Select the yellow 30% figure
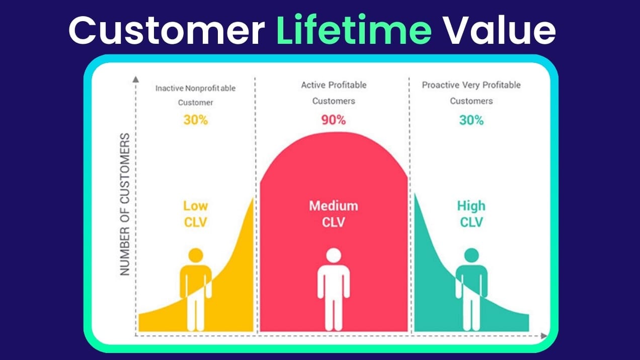coord(195,121)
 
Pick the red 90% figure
coord(333,120)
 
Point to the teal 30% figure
coord(471,121)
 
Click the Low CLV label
coord(195,213)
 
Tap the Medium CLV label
coord(333,213)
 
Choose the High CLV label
coord(471,213)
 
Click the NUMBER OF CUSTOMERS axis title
coord(125,204)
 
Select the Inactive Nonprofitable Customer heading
coord(195,95)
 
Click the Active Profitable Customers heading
coord(333,93)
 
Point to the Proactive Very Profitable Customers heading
coord(471,93)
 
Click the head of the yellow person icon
coord(195,255)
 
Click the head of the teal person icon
coord(471,255)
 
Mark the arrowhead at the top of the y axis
coord(135,79)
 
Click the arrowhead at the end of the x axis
coord(544,335)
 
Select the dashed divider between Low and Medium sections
coord(255,151)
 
